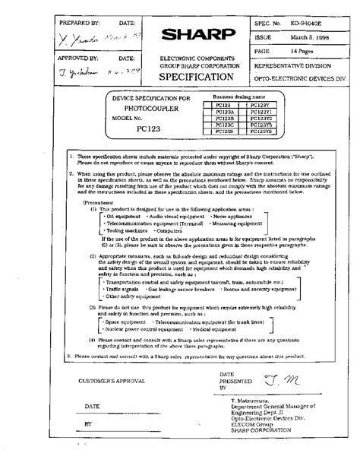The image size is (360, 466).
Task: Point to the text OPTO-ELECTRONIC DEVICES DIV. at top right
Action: click(x=304, y=78)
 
